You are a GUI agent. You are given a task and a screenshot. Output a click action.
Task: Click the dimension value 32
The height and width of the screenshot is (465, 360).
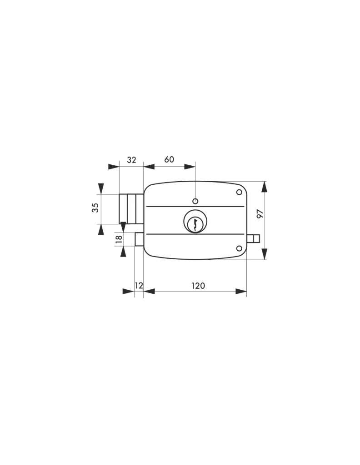pos(131,160)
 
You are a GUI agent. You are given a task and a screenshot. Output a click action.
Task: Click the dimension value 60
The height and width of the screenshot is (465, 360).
pos(169,159)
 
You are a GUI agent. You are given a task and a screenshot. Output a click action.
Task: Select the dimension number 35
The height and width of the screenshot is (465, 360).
pos(95,208)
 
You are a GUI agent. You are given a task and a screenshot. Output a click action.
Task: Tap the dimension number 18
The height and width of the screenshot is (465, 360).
pos(119,239)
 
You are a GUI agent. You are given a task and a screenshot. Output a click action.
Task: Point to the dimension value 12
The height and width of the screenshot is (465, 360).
pos(139,286)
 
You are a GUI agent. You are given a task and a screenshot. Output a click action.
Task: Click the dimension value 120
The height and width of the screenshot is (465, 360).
pos(198,286)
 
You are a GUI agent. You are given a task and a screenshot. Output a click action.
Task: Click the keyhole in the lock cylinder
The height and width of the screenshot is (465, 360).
pos(195,224)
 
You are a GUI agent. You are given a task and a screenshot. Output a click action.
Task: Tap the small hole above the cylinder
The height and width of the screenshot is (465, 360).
pos(195,201)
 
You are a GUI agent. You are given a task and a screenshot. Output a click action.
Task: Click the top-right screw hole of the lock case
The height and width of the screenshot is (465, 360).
pos(239,192)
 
